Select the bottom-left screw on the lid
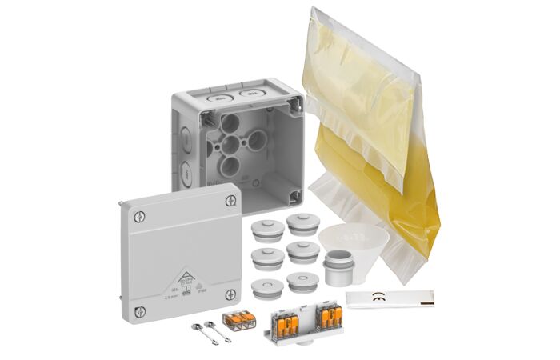tap(140, 310)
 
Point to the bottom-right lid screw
tap(230, 294)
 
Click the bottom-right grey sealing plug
tap(302, 282)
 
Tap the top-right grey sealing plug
tap(303, 224)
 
